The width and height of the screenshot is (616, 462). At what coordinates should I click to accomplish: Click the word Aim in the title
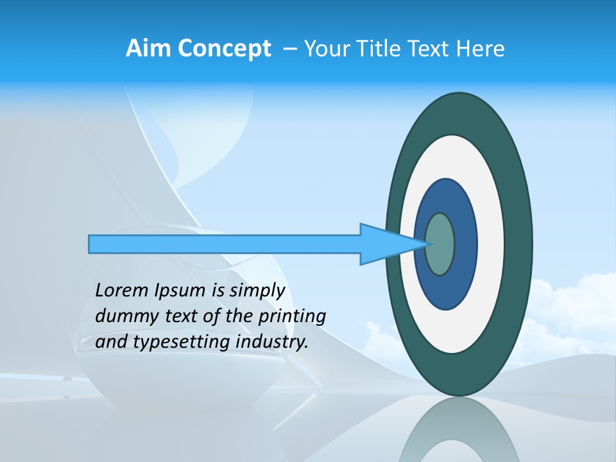[x=148, y=49]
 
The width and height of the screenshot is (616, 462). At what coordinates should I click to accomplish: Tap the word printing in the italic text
[x=291, y=316]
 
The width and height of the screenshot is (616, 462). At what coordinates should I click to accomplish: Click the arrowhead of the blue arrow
[x=385, y=244]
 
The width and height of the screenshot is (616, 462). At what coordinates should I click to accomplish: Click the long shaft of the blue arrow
[x=225, y=244]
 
